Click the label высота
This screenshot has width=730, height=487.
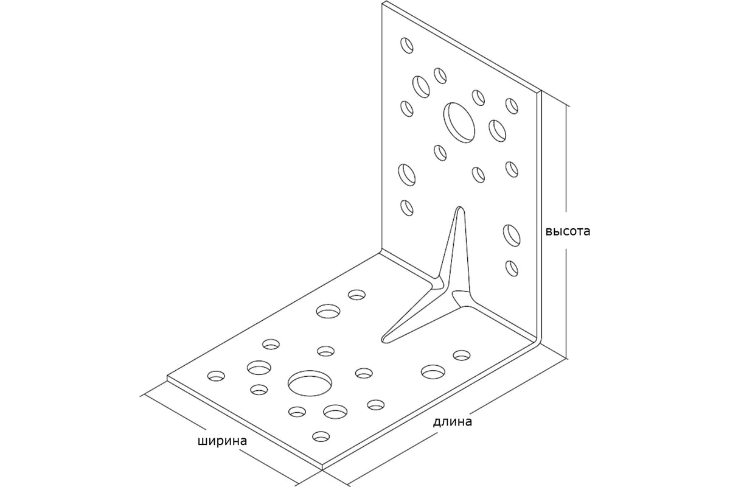567,232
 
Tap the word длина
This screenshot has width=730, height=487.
452,421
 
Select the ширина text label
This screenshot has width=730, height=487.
222,441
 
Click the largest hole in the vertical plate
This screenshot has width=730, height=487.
459,122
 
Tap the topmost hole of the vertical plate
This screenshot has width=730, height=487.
406,45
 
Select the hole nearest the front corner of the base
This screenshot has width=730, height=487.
321,436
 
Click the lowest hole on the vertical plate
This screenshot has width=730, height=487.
511,267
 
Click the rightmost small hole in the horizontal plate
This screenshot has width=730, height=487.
462,354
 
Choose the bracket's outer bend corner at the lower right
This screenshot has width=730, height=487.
539,341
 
